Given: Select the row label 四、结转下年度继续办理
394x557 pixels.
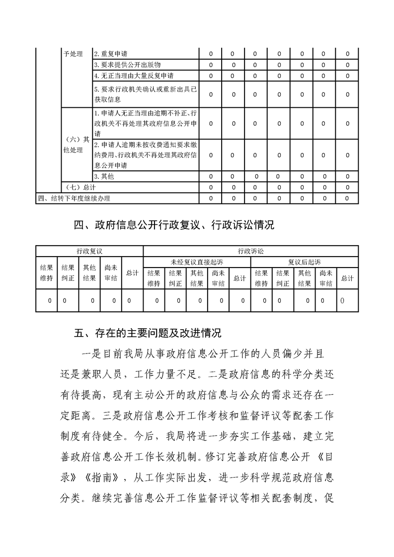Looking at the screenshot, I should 74,199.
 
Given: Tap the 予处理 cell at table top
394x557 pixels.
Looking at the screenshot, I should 74,54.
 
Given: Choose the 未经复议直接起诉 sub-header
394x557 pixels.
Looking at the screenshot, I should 197,262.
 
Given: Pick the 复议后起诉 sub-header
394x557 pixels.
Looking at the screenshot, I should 305,262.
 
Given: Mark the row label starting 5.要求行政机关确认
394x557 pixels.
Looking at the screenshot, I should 145,94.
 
